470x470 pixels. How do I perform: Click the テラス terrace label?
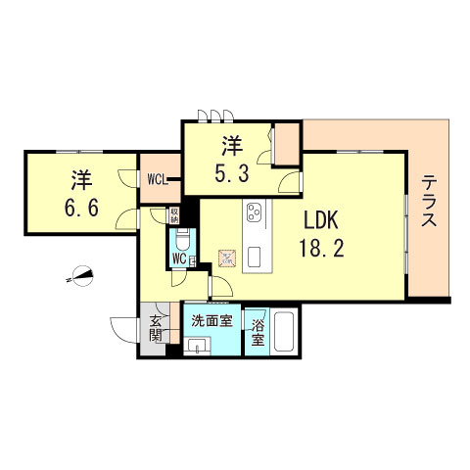click(428, 204)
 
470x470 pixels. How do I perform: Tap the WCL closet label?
click(158, 179)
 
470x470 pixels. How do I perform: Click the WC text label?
click(179, 258)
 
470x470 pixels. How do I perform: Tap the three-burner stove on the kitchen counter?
click(255, 213)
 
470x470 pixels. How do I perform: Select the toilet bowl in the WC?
click(181, 239)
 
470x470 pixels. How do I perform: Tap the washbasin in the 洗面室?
click(196, 345)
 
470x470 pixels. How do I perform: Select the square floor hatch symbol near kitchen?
click(227, 258)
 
